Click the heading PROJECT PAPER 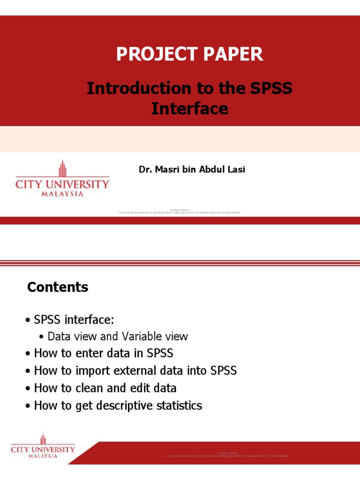pos(189,55)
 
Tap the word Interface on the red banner pos(189,109)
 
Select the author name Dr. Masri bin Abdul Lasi pos(192,170)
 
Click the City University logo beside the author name pos(62,179)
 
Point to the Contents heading pos(58,287)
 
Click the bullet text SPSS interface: pos(74,320)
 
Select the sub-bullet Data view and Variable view pos(118,336)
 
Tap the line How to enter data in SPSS pos(104,353)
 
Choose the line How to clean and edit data pos(105,388)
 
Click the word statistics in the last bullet pos(180,405)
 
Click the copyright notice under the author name pos(180,211)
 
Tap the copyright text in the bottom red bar pos(227,455)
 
